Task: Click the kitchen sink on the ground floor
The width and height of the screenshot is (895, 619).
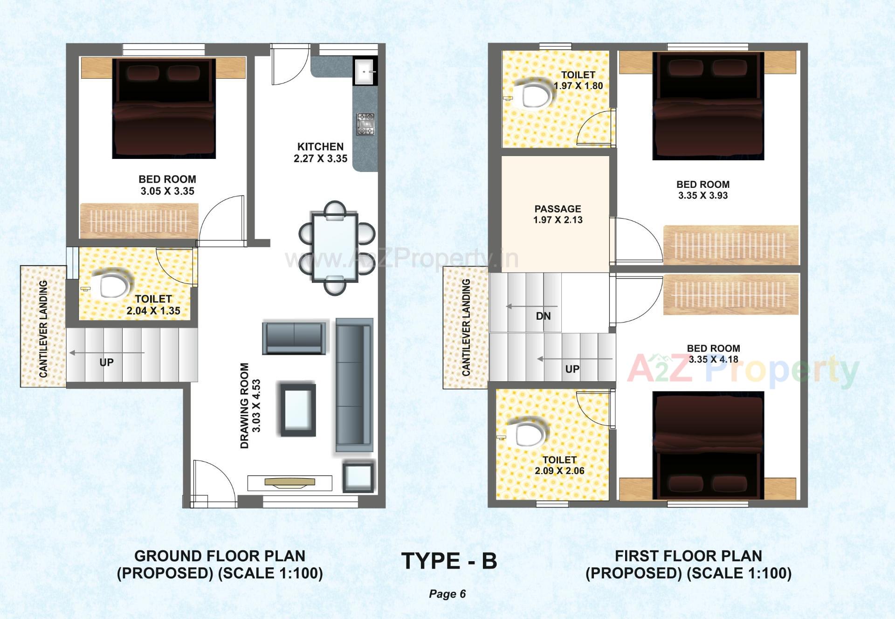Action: point(365,72)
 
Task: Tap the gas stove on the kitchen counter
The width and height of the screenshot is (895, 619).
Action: point(365,124)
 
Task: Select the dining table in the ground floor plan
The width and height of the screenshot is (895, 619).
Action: point(335,247)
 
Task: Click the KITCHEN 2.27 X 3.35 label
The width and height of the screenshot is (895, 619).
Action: point(321,152)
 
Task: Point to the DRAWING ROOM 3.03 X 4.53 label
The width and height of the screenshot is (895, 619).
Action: point(250,406)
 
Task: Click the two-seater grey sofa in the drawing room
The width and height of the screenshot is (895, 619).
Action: point(294,337)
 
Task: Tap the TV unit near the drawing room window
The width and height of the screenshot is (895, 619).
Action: point(289,483)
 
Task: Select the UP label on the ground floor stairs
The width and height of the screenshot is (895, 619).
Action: point(106,362)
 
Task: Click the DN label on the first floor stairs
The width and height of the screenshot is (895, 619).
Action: point(543,316)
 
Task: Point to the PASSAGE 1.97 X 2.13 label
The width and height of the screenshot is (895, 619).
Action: point(558,214)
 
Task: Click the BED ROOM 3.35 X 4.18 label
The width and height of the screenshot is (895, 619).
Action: point(713,354)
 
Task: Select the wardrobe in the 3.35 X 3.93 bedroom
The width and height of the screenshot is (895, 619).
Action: point(730,245)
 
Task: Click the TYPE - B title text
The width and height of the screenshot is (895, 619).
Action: point(449,561)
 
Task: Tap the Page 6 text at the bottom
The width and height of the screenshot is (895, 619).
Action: point(447,594)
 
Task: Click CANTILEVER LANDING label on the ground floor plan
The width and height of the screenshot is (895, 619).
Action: point(43,329)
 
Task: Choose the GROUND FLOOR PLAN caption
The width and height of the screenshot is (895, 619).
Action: point(220,556)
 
